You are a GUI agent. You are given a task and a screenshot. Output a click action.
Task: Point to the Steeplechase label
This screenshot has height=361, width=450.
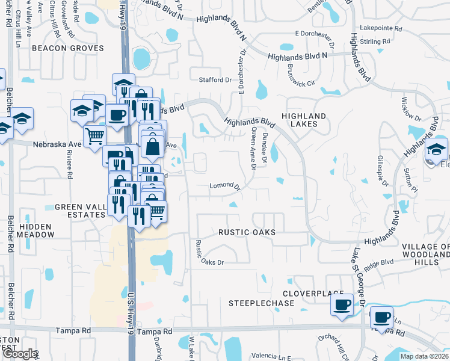point(262,303)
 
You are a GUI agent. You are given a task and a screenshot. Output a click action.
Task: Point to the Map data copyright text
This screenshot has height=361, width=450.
point(424,356)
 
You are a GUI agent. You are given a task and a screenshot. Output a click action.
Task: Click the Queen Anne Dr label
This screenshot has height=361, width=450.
point(253,149)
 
